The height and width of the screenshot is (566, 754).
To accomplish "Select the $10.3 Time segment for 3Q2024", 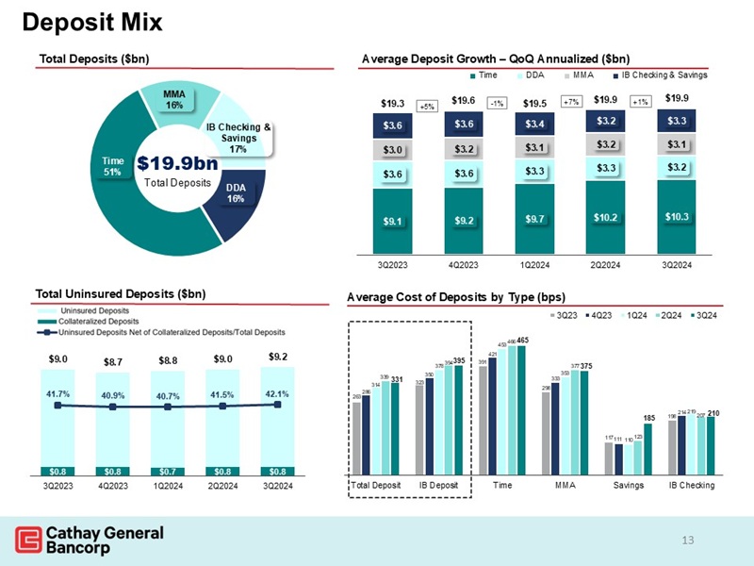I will (677, 217).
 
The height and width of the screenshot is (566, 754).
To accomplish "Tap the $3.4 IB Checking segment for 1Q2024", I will (533, 124).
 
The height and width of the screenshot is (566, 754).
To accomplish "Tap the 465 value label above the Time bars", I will (522, 340).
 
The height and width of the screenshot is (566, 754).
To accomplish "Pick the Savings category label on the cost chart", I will (629, 485).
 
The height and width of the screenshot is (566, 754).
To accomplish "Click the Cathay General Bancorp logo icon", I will (29, 541).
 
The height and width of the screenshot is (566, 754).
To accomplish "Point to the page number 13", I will (687, 540).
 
